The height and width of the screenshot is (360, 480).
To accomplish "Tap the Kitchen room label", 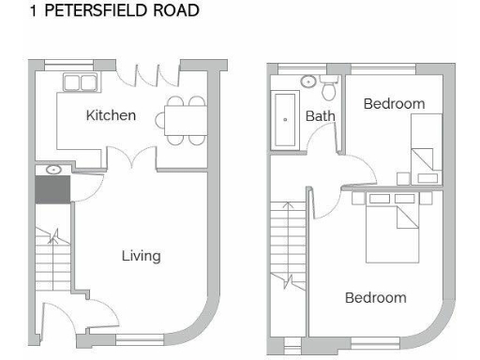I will coord(111,116).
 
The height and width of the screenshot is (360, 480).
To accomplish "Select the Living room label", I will coord(141,255).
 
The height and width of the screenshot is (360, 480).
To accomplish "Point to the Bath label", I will coord(320,116).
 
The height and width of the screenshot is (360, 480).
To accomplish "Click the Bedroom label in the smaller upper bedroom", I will coord(394,103).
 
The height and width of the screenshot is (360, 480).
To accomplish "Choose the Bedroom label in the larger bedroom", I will coord(375,298).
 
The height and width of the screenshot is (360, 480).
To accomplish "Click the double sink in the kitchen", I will coord(81,82).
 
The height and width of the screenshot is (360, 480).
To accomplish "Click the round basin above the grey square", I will coord(53,170).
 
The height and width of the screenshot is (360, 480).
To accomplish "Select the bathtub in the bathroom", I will coord(285,120).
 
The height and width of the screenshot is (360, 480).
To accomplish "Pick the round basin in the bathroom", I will coord(308,82).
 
